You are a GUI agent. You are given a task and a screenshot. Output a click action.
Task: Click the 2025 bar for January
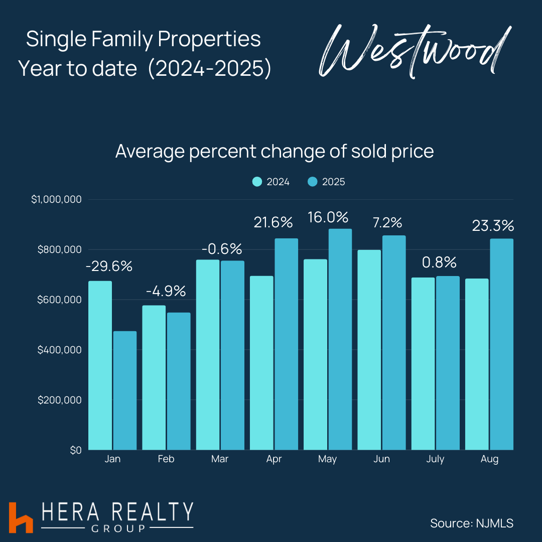pyautogui.click(x=125, y=390)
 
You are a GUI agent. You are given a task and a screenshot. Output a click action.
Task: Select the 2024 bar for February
pyautogui.click(x=154, y=377)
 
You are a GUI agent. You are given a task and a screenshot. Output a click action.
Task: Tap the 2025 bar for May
pyautogui.click(x=340, y=339)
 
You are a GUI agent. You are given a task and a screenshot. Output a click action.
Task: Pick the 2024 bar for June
pyautogui.click(x=369, y=350)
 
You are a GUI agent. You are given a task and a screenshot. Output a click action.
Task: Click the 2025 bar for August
pyautogui.click(x=501, y=344)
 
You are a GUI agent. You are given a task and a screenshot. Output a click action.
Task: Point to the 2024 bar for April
pyautogui.click(x=261, y=363)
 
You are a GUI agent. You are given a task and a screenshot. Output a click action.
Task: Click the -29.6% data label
pyautogui.click(x=109, y=266)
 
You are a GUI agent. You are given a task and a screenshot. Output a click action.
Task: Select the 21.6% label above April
pyautogui.click(x=273, y=223)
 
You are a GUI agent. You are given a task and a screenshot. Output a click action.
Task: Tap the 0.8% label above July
pyautogui.click(x=439, y=262)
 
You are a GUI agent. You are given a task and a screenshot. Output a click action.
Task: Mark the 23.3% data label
pyautogui.click(x=493, y=226)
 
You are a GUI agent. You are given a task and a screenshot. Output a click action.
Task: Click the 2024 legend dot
pyautogui.click(x=257, y=182)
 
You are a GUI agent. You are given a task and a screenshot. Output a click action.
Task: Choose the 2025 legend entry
pyautogui.click(x=326, y=182)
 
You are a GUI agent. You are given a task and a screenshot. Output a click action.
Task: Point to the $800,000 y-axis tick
pyautogui.click(x=59, y=249)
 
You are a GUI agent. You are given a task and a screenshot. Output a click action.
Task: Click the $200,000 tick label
pyautogui.click(x=59, y=400)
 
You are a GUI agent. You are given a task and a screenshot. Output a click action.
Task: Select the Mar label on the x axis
pyautogui.click(x=220, y=459)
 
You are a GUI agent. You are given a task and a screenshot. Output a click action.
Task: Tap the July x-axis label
pyautogui.click(x=435, y=459)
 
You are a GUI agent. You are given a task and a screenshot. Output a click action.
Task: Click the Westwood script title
pyautogui.click(x=415, y=51)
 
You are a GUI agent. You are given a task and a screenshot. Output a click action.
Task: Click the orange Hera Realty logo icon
pyautogui.click(x=21, y=517)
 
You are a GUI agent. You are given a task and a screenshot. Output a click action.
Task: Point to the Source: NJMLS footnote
pyautogui.click(x=472, y=523)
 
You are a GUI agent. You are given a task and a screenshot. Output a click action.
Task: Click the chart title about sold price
pyautogui.click(x=275, y=152)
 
